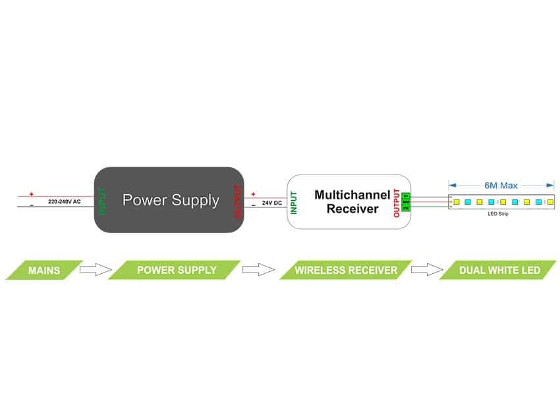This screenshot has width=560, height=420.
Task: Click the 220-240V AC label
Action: click(x=64, y=201)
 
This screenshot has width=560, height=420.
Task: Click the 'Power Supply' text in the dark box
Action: click(x=171, y=200)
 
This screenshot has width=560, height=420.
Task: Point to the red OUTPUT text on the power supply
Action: click(x=237, y=201)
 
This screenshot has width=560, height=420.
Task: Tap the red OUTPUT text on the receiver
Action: click(x=396, y=203)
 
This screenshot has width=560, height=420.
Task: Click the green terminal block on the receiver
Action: click(x=406, y=201)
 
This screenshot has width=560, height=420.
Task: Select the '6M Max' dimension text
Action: click(x=501, y=186)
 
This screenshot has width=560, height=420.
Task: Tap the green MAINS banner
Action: click(x=44, y=270)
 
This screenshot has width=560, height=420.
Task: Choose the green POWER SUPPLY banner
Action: click(x=175, y=270)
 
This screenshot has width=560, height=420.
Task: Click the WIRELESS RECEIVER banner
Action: click(x=345, y=270)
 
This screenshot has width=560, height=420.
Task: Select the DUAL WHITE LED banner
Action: click(x=499, y=270)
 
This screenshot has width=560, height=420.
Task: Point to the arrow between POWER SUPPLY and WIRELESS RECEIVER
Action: click(x=258, y=270)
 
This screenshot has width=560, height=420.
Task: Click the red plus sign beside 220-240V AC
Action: click(x=31, y=194)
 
